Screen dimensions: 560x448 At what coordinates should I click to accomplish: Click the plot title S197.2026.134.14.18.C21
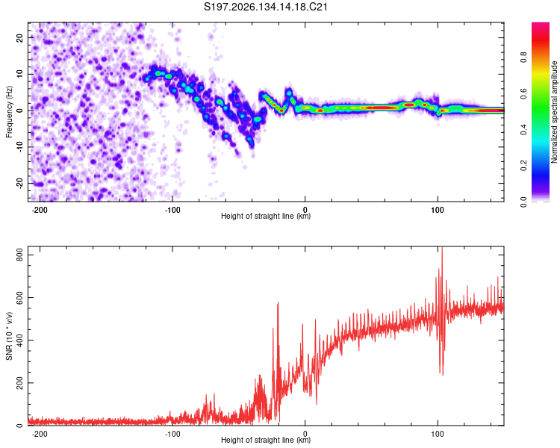[265, 7]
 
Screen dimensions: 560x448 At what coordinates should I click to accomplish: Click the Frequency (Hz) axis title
[9, 112]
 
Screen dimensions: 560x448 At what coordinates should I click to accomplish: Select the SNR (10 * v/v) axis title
[9, 336]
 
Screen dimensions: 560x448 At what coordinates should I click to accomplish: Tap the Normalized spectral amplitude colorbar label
[554, 112]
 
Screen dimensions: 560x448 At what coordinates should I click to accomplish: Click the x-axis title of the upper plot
[266, 216]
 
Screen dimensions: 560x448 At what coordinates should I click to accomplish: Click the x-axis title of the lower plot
[266, 440]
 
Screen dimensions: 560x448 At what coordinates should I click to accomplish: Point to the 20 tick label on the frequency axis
[19, 37]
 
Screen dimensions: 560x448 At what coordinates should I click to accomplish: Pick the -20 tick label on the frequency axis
[19, 184]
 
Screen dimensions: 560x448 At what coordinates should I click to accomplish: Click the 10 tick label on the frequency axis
[19, 74]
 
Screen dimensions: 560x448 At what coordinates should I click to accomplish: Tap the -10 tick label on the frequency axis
[19, 147]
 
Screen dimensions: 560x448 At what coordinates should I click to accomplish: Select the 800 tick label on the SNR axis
[19, 255]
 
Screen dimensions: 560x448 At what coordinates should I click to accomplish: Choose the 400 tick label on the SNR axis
[19, 340]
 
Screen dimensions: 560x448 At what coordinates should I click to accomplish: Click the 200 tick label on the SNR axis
[19, 382]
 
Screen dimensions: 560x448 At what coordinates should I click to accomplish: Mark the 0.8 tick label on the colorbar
[523, 57]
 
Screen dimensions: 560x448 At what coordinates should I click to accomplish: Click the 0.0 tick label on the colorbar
[523, 202]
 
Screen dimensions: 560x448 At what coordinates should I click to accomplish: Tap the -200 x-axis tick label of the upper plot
[40, 210]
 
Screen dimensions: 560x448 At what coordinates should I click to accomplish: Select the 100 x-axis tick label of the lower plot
[438, 434]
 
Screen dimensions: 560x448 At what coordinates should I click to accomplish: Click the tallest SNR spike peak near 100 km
[442, 247]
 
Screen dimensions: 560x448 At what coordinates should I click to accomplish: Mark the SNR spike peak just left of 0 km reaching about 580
[278, 302]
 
